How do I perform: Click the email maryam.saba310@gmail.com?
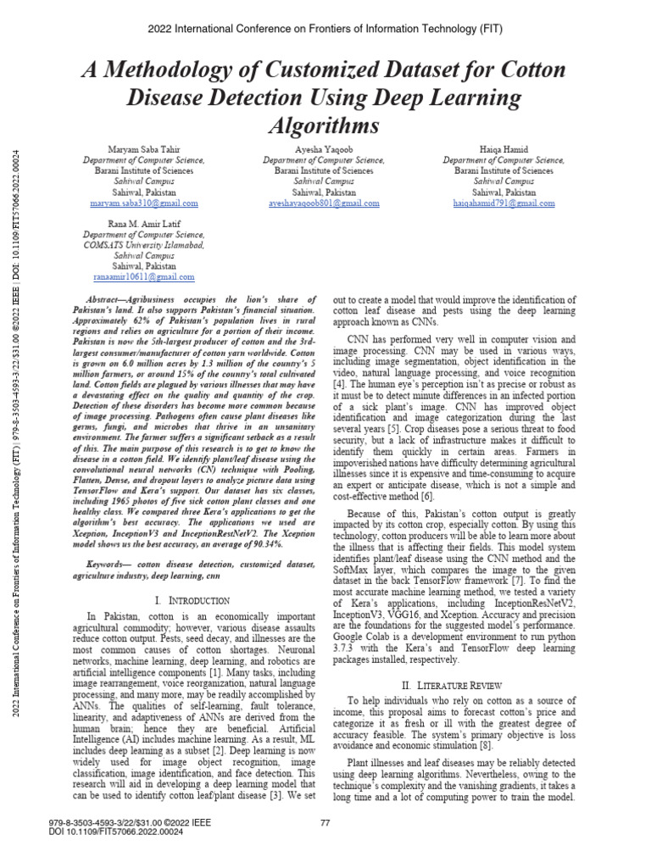(143, 203)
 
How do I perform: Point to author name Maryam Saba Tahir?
(143, 149)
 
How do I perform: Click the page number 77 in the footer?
(325, 823)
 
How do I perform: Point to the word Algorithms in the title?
(325, 125)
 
